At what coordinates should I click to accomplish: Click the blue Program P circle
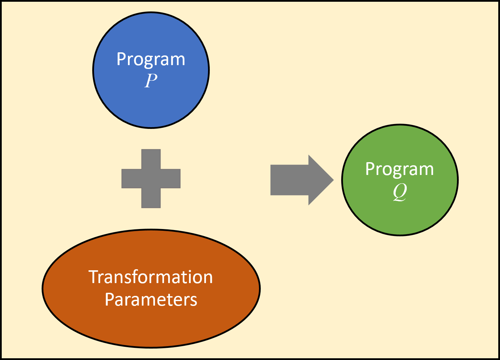[x=151, y=70]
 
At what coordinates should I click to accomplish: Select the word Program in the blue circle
[x=151, y=60]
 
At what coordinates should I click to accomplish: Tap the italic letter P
[x=151, y=80]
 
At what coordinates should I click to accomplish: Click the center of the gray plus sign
[x=151, y=178]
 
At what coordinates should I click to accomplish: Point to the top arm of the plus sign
[x=151, y=159]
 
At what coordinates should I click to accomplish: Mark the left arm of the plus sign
[x=131, y=178]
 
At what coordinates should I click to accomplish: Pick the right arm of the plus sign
[x=171, y=178]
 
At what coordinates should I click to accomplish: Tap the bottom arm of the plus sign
[x=151, y=198]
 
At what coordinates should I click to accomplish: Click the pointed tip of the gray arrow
[x=334, y=180]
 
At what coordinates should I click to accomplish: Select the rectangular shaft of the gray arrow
[x=290, y=180]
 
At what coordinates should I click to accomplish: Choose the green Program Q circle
[x=400, y=180]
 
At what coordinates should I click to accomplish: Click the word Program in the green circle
[x=399, y=169]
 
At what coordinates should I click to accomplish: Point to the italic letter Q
[x=400, y=192]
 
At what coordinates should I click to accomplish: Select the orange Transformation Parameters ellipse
[x=151, y=288]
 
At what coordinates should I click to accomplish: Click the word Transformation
[x=151, y=277]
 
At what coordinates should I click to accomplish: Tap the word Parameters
[x=151, y=300]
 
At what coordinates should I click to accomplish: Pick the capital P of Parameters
[x=109, y=300]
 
